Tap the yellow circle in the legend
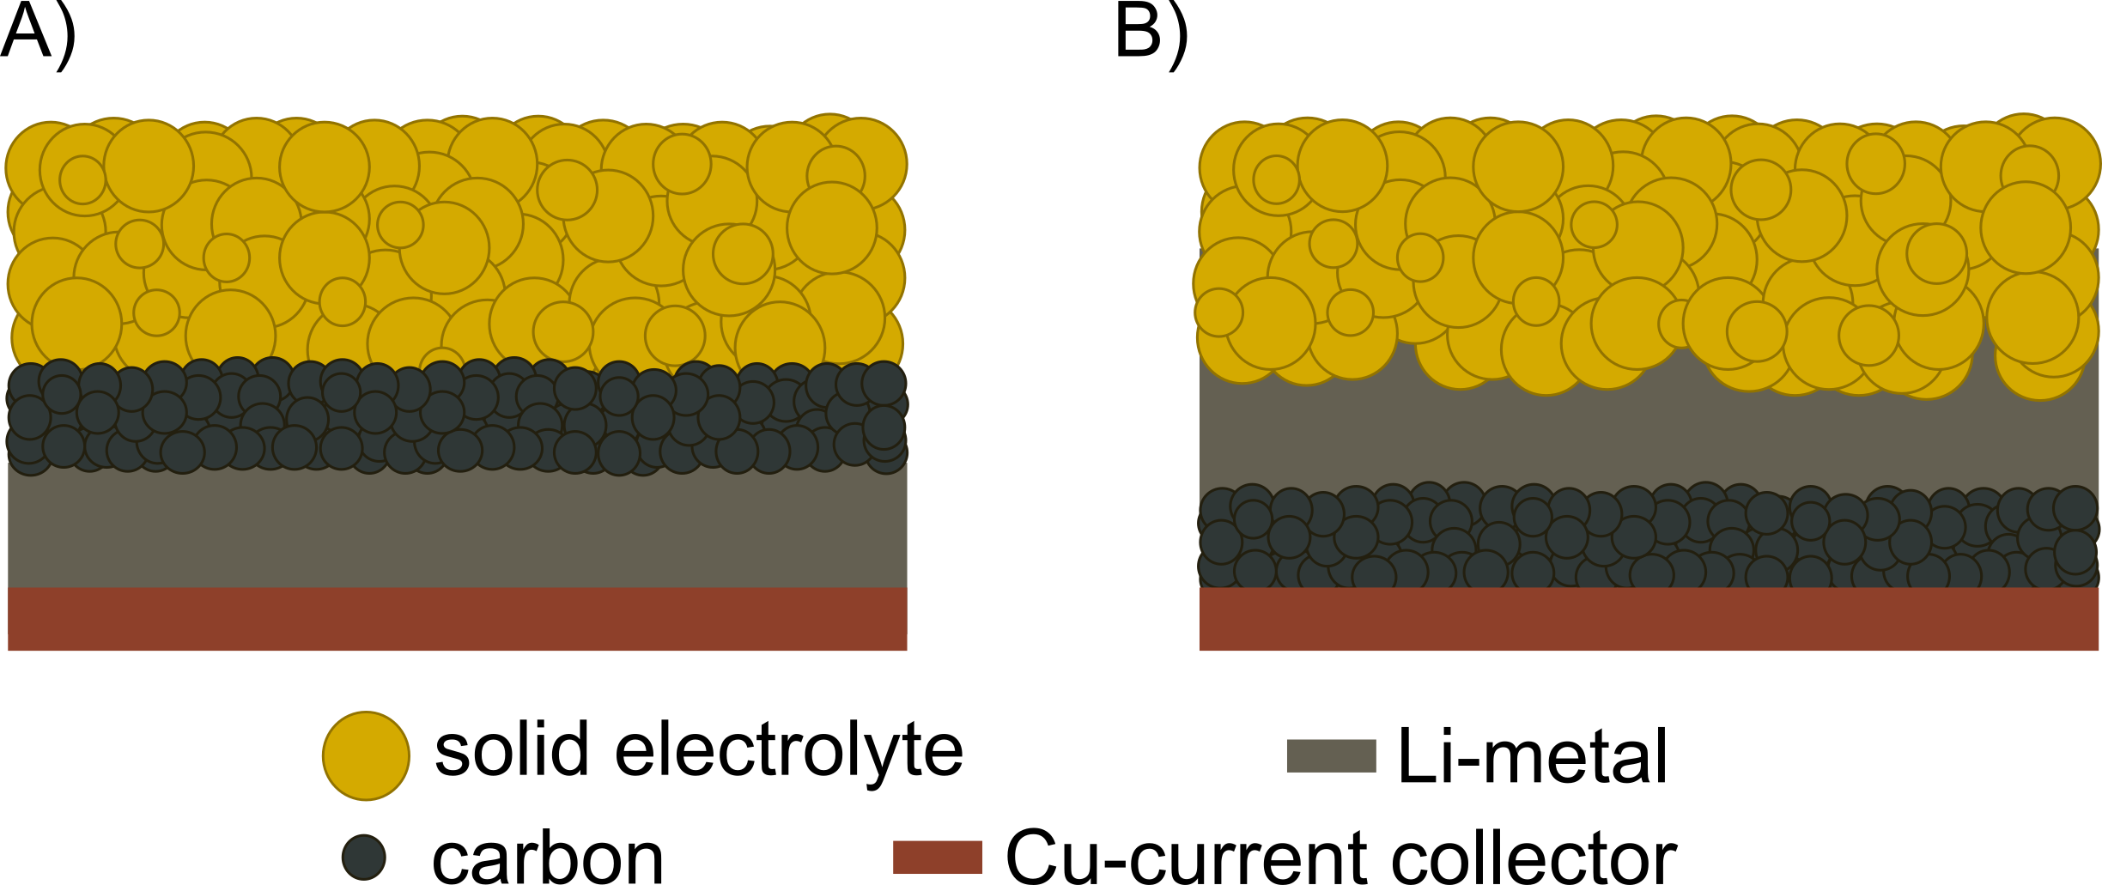click(x=366, y=755)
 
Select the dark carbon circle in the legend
click(x=364, y=857)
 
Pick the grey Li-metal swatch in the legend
click(x=1331, y=755)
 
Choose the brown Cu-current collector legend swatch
click(x=937, y=857)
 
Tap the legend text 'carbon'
click(x=548, y=857)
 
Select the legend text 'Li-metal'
click(x=1533, y=755)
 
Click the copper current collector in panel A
click(x=457, y=619)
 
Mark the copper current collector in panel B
click(x=1649, y=619)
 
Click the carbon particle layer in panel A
click(x=457, y=416)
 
